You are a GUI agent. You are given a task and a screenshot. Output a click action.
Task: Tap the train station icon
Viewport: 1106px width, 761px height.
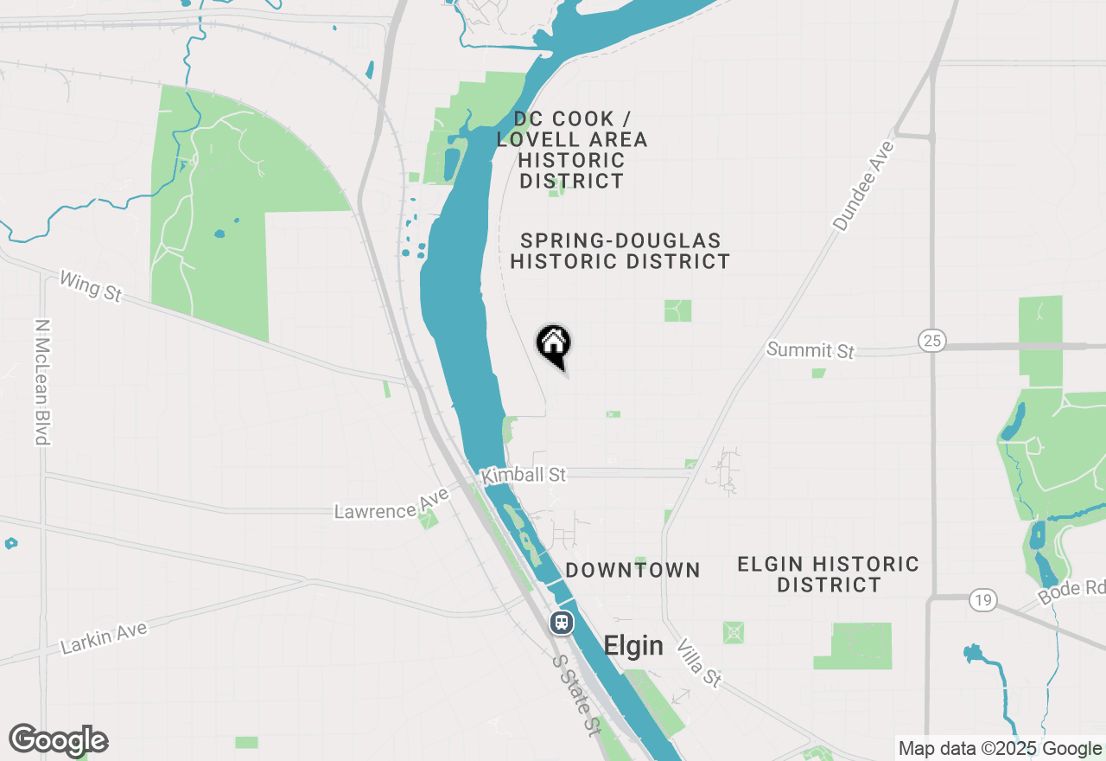point(562,623)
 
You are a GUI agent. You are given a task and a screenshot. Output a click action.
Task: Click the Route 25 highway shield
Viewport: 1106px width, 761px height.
point(932,341)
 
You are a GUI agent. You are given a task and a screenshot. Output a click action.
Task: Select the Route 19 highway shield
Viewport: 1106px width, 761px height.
point(983,599)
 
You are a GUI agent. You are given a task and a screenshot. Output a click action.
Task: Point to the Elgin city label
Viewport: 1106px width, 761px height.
point(633,646)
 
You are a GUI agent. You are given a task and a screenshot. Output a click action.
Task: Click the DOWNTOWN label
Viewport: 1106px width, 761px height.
point(632,570)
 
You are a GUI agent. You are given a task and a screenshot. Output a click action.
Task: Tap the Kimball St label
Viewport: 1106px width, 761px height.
point(524,475)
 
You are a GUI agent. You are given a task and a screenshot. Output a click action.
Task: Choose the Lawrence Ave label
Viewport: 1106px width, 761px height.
point(392,504)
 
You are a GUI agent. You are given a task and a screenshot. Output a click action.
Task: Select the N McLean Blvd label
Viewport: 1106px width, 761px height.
point(41,382)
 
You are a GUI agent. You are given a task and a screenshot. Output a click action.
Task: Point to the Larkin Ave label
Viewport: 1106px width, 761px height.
point(104,637)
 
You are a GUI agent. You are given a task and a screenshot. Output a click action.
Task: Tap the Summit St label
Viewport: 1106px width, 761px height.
point(810,350)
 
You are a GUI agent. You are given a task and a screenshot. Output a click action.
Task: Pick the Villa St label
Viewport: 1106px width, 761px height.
point(698,662)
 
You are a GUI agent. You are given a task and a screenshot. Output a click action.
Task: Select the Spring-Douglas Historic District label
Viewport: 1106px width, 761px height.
point(620,251)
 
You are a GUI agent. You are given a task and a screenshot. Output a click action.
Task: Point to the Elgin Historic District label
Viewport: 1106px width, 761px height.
point(828,574)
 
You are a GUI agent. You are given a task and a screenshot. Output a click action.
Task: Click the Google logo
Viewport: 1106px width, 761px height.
point(59,741)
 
